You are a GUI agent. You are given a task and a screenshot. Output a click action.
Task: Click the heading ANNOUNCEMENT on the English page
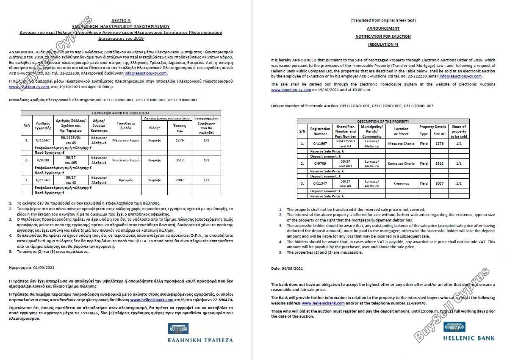point(383,28)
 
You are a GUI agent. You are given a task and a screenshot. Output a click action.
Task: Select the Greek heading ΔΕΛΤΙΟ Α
point(121,20)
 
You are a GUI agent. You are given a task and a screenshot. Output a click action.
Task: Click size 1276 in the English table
point(439,144)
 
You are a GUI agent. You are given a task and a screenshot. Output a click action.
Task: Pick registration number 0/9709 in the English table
point(320,163)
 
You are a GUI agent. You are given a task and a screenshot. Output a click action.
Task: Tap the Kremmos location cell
point(401,183)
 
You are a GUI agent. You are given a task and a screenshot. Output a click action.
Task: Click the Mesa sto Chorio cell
point(401,144)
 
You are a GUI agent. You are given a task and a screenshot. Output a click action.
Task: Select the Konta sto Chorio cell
point(401,163)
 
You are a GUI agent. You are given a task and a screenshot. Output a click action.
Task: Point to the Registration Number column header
point(320,131)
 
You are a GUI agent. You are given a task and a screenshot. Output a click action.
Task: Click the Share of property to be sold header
point(459,131)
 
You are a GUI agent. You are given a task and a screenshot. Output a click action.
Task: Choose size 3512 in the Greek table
point(180,160)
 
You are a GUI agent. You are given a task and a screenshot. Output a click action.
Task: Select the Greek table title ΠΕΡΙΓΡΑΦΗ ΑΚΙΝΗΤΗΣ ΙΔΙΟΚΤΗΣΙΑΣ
point(121,114)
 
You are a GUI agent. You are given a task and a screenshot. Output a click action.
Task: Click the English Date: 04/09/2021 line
point(287,269)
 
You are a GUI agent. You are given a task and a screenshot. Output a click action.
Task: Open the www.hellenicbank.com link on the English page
point(323,303)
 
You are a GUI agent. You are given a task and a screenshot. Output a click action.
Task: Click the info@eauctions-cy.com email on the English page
point(460,76)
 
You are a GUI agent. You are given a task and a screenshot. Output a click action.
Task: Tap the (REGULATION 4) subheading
point(383,44)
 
